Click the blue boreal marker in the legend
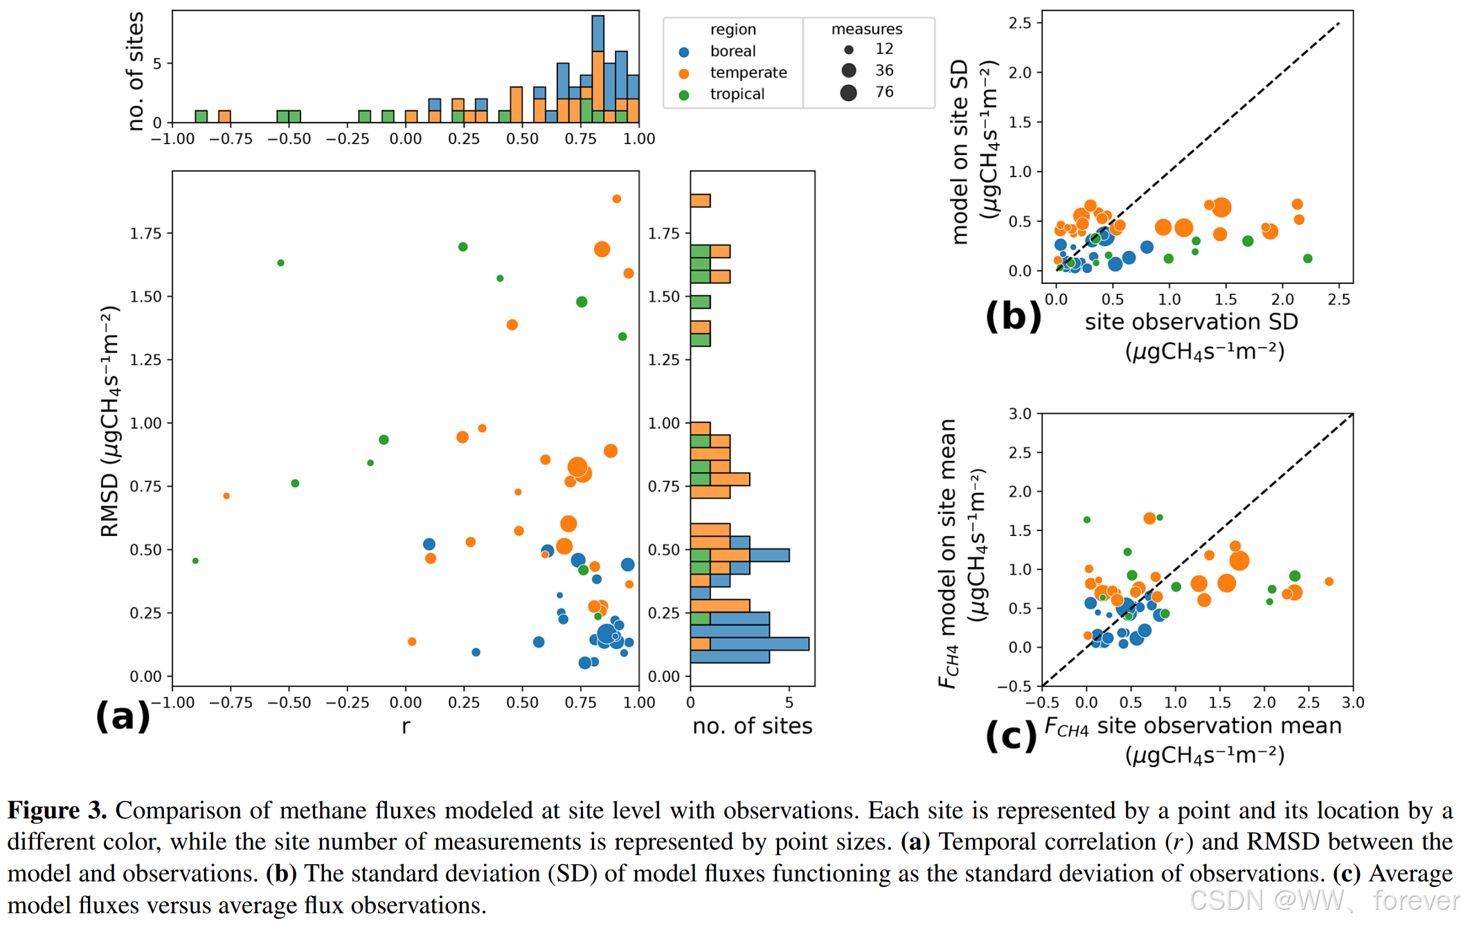pyautogui.click(x=684, y=52)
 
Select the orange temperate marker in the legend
pyautogui.click(x=684, y=73)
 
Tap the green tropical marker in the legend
pyautogui.click(x=684, y=95)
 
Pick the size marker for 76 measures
pyautogui.click(x=849, y=93)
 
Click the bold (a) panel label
pyautogui.click(x=123, y=716)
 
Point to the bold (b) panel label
pyautogui.click(x=1013, y=316)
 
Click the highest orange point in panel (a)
pyautogui.click(x=616, y=199)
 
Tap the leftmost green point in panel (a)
pyautogui.click(x=195, y=561)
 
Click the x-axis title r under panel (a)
pyautogui.click(x=406, y=726)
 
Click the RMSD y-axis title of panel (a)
pyautogui.click(x=109, y=422)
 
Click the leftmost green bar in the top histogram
pyautogui.click(x=201, y=116)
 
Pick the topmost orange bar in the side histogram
pyautogui.click(x=700, y=201)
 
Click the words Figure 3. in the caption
pyautogui.click(x=57, y=811)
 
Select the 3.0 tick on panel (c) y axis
pyautogui.click(x=1020, y=414)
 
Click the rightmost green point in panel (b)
pyautogui.click(x=1307, y=258)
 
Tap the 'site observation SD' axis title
pyautogui.click(x=1191, y=322)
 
